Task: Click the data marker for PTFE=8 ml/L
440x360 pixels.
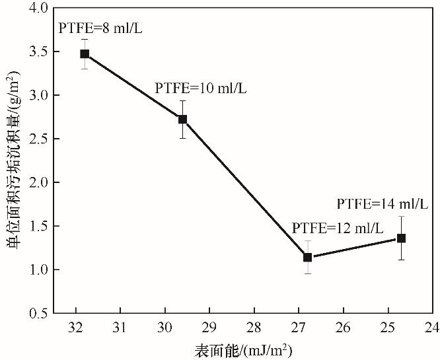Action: point(85,54)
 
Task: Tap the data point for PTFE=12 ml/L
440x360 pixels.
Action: point(307,257)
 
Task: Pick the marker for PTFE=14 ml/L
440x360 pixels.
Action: point(401,238)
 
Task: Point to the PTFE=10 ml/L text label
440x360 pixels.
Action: point(200,88)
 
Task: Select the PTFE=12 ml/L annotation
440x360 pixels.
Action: point(337,229)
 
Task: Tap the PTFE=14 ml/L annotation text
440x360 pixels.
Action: point(382,204)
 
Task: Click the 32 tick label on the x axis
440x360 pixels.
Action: point(75,327)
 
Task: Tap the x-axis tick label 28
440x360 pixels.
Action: point(254,327)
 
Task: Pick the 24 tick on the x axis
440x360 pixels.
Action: point(432,327)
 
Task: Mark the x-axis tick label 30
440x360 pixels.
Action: point(165,327)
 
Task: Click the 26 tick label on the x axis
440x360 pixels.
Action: point(343,327)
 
